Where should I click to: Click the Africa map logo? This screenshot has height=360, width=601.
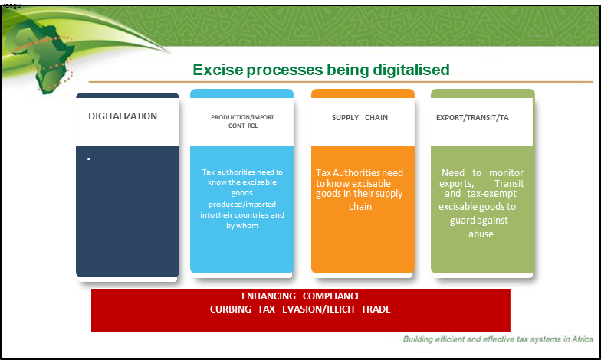point(42,55)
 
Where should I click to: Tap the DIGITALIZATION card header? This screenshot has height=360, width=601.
point(123,116)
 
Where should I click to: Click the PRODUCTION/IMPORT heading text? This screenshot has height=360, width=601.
point(242,117)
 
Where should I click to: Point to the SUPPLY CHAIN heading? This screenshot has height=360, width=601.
point(360,118)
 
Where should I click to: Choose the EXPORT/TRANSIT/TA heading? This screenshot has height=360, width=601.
point(472,118)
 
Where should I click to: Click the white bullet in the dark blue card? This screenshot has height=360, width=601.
point(89,159)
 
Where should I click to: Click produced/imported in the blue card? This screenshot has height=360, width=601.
point(242,205)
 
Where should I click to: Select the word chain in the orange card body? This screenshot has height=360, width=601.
point(360,207)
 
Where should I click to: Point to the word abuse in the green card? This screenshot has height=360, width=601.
point(481,234)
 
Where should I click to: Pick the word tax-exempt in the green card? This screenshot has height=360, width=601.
point(492,193)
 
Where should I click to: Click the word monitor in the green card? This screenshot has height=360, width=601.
point(506,173)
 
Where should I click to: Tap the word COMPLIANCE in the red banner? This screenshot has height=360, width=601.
point(331,296)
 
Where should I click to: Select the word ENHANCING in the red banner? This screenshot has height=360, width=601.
point(268,296)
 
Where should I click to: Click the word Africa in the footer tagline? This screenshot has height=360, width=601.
point(583,339)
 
